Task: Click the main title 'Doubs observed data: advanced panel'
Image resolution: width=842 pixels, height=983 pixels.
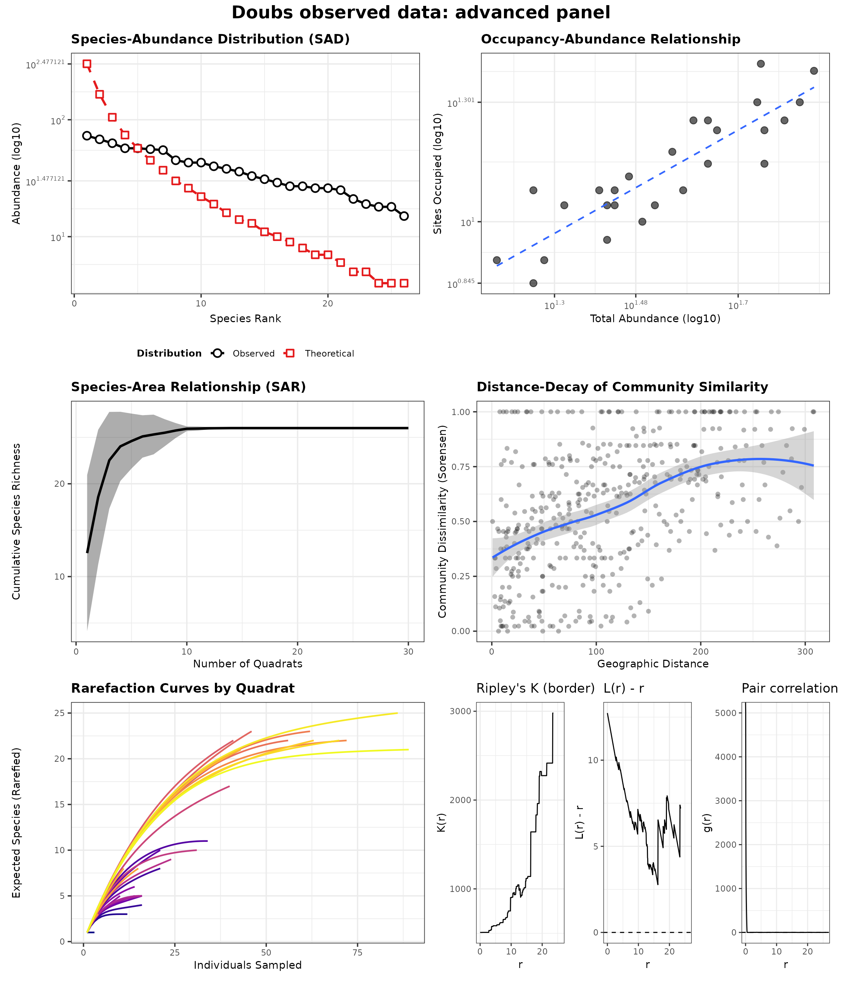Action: pyautogui.click(x=421, y=13)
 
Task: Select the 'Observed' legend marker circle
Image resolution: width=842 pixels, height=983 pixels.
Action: pyautogui.click(x=217, y=353)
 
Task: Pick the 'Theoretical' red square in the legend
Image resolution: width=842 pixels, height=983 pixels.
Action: pyautogui.click(x=290, y=353)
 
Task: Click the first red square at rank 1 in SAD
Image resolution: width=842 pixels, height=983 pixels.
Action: pyautogui.click(x=87, y=64)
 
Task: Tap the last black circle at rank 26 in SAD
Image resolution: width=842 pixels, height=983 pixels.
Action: pyautogui.click(x=404, y=216)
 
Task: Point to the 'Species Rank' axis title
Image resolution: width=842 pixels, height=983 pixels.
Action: pyautogui.click(x=245, y=319)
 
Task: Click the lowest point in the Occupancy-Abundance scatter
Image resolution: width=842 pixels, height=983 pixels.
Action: pyautogui.click(x=533, y=283)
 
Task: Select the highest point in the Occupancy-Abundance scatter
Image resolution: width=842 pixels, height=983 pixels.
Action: pyautogui.click(x=761, y=64)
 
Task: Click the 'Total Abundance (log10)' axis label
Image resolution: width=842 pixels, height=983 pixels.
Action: pyautogui.click(x=655, y=319)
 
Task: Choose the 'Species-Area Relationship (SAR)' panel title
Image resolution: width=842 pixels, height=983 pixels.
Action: pyautogui.click(x=188, y=387)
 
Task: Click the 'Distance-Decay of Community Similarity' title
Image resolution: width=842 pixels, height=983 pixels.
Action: pyautogui.click(x=622, y=387)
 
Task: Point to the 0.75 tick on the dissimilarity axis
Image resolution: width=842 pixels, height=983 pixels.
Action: pyautogui.click(x=462, y=467)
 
